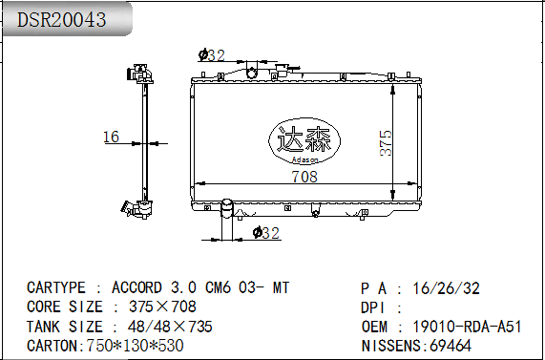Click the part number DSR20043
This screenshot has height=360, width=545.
(x=61, y=19)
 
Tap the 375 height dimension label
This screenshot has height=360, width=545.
(x=386, y=143)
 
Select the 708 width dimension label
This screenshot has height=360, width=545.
(x=304, y=177)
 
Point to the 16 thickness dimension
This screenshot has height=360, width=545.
(x=112, y=137)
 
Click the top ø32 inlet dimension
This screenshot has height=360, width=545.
(x=212, y=55)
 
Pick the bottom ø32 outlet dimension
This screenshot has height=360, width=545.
(x=266, y=233)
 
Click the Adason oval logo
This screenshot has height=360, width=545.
(x=304, y=141)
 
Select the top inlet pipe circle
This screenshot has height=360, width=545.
(x=251, y=73)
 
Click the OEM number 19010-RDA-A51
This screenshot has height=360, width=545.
(x=467, y=327)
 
